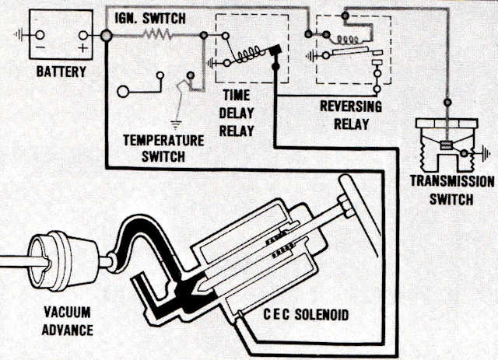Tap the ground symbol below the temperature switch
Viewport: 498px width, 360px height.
[177, 122]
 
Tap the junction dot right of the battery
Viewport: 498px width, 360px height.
[105, 36]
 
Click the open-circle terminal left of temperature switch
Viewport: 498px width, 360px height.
[124, 91]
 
